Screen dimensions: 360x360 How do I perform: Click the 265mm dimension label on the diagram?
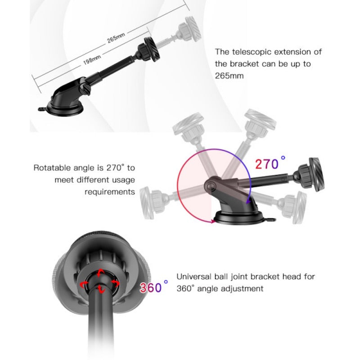click(116, 38)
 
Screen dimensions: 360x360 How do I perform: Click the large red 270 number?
click(267, 164)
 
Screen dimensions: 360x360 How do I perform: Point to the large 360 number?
click(151, 288)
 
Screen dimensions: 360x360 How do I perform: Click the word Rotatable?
click(52, 168)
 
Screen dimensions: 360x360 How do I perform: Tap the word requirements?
click(110, 192)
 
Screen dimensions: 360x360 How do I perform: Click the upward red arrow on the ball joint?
click(100, 273)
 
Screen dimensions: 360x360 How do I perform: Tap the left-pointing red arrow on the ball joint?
click(84, 284)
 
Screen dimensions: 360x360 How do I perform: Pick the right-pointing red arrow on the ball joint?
click(115, 283)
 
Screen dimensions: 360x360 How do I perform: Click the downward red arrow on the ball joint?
click(101, 289)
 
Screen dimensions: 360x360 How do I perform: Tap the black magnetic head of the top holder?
click(152, 49)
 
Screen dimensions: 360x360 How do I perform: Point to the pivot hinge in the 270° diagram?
click(211, 184)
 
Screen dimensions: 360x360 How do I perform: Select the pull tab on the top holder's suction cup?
click(42, 109)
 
